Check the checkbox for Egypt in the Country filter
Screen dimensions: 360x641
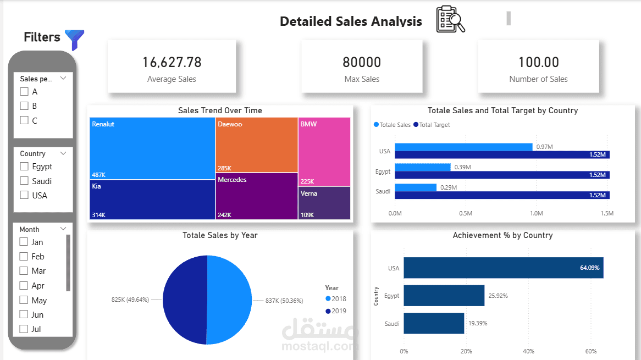24,167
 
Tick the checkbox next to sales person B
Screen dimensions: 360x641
24,106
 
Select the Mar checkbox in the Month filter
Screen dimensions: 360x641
24,271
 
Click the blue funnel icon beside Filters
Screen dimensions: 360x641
74,40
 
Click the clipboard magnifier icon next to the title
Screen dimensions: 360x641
450,20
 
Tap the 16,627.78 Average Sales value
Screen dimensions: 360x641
172,62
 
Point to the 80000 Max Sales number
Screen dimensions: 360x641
361,62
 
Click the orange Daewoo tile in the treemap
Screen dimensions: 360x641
256,145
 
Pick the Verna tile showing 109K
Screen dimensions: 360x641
324,203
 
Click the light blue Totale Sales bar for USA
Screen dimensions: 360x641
463,147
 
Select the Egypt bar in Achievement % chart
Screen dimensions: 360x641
444,295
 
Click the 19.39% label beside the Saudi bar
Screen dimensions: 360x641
478,323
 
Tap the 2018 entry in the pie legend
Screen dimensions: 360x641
336,298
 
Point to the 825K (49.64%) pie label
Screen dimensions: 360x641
130,300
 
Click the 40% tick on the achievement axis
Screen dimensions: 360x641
528,351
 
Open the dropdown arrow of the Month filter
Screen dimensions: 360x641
63,229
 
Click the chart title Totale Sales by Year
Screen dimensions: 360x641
220,235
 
